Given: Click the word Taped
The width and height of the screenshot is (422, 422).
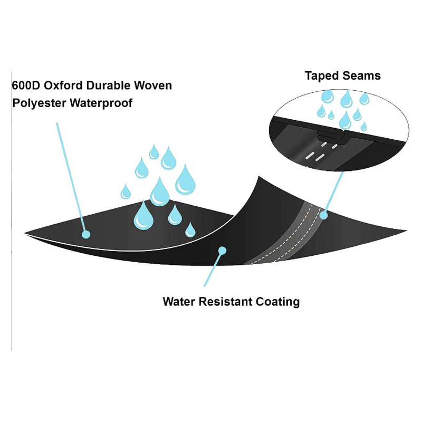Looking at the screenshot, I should tap(322, 76).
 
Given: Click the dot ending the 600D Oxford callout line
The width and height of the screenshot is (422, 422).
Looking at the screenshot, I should tap(86, 233).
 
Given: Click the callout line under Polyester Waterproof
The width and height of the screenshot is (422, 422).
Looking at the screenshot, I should tap(71, 174).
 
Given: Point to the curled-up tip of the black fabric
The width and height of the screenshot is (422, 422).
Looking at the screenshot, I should tap(258, 177).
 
